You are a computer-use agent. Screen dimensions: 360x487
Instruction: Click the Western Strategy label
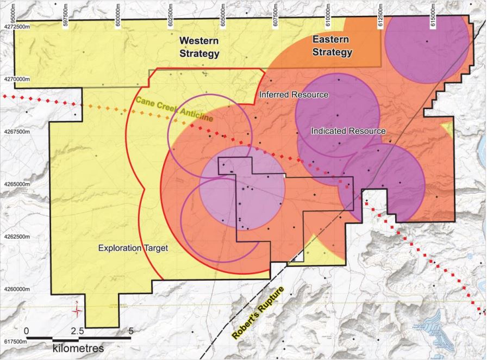[x=199, y=47]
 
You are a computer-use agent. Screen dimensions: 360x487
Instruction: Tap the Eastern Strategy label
[x=332, y=46]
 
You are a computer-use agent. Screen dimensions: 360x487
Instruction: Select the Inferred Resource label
[x=294, y=95]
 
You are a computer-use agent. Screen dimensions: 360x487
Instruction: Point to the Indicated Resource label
[x=348, y=131]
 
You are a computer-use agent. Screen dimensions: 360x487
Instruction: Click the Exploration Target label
[x=133, y=248]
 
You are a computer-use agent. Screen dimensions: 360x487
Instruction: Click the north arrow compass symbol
[x=78, y=311]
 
